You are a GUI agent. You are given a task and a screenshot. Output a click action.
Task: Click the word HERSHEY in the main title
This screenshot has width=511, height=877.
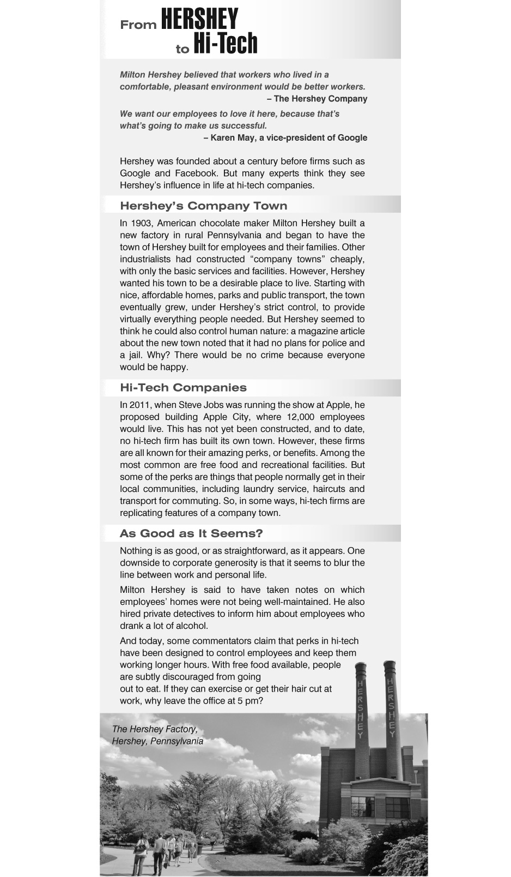[x=199, y=19]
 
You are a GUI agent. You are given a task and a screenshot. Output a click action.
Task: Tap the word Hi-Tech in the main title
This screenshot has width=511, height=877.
[x=225, y=44]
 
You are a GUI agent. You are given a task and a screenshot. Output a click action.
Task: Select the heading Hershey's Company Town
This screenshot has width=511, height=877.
[x=203, y=206]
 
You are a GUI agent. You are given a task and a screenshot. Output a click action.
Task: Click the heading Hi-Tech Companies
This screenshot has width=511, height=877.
[x=183, y=388]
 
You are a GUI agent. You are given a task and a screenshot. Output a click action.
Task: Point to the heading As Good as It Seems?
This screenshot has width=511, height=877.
[x=191, y=533]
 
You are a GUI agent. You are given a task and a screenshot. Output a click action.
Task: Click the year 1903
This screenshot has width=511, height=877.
[x=141, y=223]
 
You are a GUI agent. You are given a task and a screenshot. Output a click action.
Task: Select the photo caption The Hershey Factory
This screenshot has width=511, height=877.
[x=154, y=729]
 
